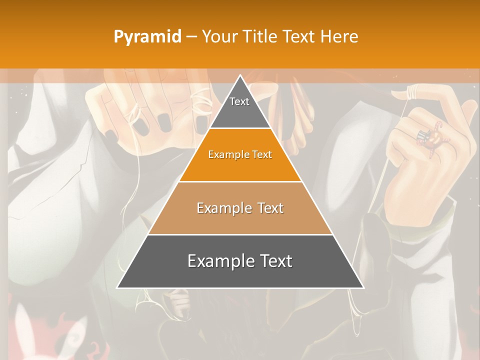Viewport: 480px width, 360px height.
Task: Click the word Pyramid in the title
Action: (147, 37)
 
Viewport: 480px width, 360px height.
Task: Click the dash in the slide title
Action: (191, 37)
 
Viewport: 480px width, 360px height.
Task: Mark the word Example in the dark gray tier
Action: (217, 261)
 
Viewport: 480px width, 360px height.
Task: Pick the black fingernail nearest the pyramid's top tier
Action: (202, 123)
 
